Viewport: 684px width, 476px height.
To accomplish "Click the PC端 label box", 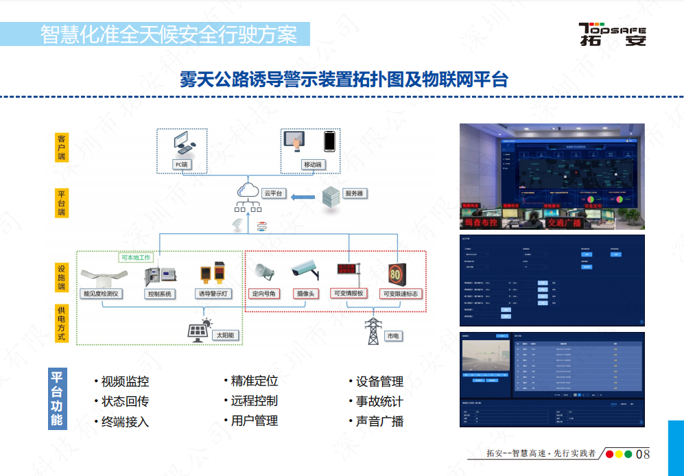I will (181, 165).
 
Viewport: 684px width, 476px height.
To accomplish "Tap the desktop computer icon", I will (184, 143).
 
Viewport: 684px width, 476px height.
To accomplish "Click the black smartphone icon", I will (330, 141).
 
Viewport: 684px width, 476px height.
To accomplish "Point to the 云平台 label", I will (274, 194).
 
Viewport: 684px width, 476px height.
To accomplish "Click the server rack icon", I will (331, 198).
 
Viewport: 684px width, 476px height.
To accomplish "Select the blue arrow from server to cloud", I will (302, 198).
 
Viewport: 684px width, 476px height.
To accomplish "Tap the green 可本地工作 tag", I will (136, 257).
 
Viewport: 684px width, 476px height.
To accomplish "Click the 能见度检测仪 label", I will (102, 294).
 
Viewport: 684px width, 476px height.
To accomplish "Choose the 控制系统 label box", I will (159, 294).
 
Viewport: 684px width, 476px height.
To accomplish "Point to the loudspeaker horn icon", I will (264, 272).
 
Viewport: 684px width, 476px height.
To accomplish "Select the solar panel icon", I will (200, 330).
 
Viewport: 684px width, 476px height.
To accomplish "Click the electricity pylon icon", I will (373, 331).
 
